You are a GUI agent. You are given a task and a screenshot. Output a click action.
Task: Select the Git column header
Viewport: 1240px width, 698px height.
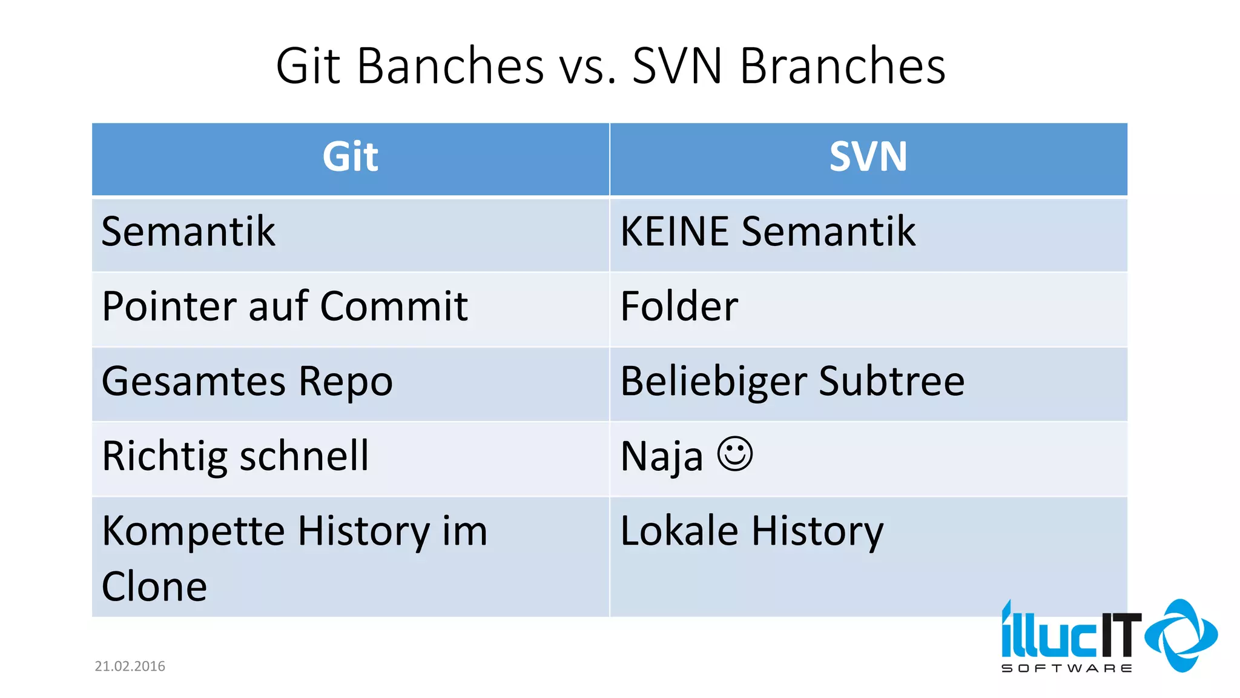pos(350,157)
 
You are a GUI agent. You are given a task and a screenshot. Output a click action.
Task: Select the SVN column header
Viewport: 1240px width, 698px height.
pos(868,157)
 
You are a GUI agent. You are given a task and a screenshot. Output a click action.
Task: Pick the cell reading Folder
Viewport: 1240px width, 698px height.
pos(679,307)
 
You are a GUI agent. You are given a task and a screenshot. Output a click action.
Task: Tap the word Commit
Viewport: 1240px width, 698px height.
pos(394,307)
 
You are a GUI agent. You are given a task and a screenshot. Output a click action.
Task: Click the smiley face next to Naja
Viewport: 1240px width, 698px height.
pos(734,454)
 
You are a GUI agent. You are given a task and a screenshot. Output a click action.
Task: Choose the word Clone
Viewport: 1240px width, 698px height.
pos(154,587)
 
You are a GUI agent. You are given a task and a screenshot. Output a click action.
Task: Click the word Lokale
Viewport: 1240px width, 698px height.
pos(679,531)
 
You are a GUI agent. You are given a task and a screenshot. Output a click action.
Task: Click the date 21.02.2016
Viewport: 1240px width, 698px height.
pos(130,666)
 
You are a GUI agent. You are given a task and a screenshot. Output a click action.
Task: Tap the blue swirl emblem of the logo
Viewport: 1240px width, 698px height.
pos(1181,635)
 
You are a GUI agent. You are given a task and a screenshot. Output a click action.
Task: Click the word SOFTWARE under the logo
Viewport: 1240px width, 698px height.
pos(1066,668)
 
